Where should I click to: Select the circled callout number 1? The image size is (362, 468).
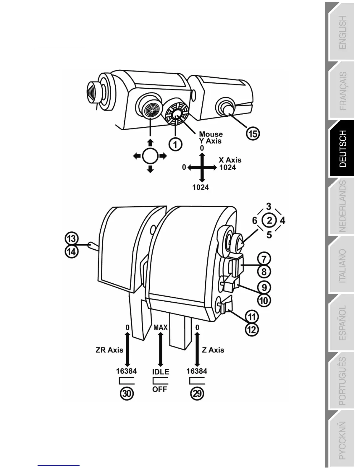(175, 144)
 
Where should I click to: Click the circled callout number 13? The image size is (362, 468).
(72, 238)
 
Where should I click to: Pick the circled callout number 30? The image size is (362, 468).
(127, 394)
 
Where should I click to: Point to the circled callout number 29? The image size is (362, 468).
(197, 394)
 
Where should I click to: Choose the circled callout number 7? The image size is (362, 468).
(264, 259)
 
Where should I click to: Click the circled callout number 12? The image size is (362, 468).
(252, 330)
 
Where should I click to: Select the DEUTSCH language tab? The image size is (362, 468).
(342, 149)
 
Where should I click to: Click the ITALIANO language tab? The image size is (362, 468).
(342, 266)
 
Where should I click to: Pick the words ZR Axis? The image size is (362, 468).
(109, 350)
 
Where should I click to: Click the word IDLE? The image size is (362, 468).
(161, 372)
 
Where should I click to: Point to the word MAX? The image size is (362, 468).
(161, 327)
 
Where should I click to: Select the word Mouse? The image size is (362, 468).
(211, 134)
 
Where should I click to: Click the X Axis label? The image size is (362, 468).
(230, 160)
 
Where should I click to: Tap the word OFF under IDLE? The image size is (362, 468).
(160, 389)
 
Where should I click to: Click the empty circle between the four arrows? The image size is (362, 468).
(150, 156)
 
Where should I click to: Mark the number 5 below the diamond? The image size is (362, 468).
(269, 235)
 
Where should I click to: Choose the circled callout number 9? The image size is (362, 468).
(264, 287)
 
